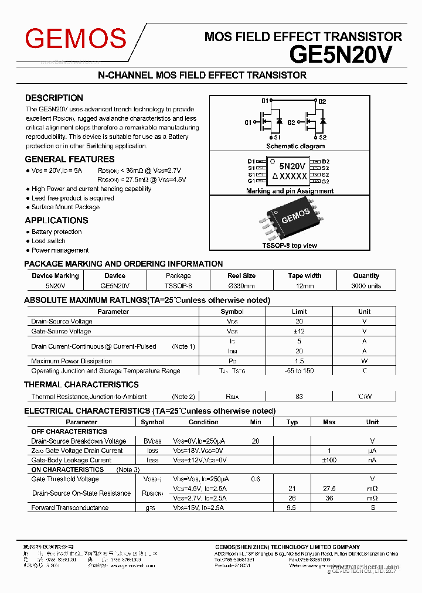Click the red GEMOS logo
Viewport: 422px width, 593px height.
coord(76,39)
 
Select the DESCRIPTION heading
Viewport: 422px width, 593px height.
coord(54,98)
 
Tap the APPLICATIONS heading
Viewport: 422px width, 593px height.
coord(56,220)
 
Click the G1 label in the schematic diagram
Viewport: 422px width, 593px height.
coord(248,122)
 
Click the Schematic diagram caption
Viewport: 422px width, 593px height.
coord(295,146)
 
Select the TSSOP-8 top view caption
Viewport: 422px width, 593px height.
coord(290,246)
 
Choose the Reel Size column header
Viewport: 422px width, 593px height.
coord(241,275)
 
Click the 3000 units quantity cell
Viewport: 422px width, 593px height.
coord(366,286)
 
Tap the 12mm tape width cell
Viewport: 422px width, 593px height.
coord(305,286)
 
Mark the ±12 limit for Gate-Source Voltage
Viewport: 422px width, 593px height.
coord(299,331)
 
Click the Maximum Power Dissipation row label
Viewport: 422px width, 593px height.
coord(72,361)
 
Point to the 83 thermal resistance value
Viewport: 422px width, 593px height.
coord(299,397)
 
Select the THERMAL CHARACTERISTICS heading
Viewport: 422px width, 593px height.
coord(81,384)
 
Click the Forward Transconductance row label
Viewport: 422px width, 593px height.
coord(70,507)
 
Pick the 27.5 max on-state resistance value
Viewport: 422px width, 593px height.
coord(329,489)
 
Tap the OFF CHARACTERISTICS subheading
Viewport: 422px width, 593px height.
coord(69,431)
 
